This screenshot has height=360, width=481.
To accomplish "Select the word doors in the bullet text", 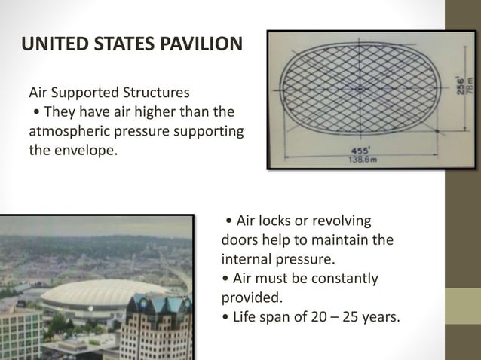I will click(240, 241).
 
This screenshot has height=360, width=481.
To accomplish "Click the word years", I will click(379, 316).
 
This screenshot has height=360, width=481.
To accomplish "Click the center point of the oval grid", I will click(360, 89).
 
